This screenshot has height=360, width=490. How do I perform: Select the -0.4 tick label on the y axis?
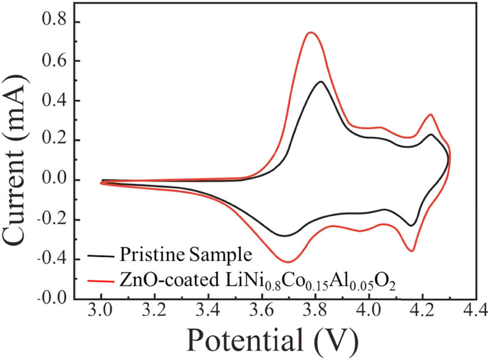coord(54,260)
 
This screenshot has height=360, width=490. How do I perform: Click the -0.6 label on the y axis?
coord(54,300)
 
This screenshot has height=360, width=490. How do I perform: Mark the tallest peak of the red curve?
coord(311,32)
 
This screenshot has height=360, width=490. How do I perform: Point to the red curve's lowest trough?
coord(287,261)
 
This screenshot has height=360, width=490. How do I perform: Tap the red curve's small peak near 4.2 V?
coord(430,115)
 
